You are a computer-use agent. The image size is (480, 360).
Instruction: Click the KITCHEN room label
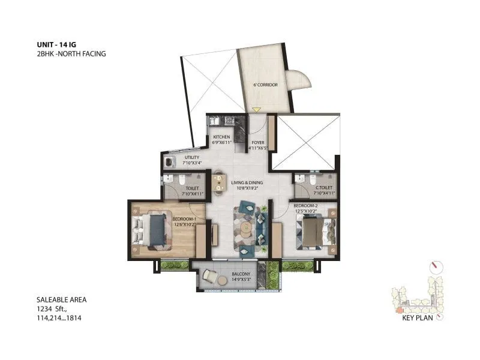[221, 137]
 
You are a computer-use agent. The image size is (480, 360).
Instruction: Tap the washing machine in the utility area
[170, 161]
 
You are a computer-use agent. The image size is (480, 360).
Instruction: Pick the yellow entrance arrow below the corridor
[257, 110]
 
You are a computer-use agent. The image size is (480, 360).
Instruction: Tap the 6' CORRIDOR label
[265, 85]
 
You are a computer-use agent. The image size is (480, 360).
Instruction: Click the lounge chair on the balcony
[210, 275]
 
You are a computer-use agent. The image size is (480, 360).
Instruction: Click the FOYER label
[258, 143]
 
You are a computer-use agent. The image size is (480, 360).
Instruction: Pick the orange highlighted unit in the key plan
[400, 310]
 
